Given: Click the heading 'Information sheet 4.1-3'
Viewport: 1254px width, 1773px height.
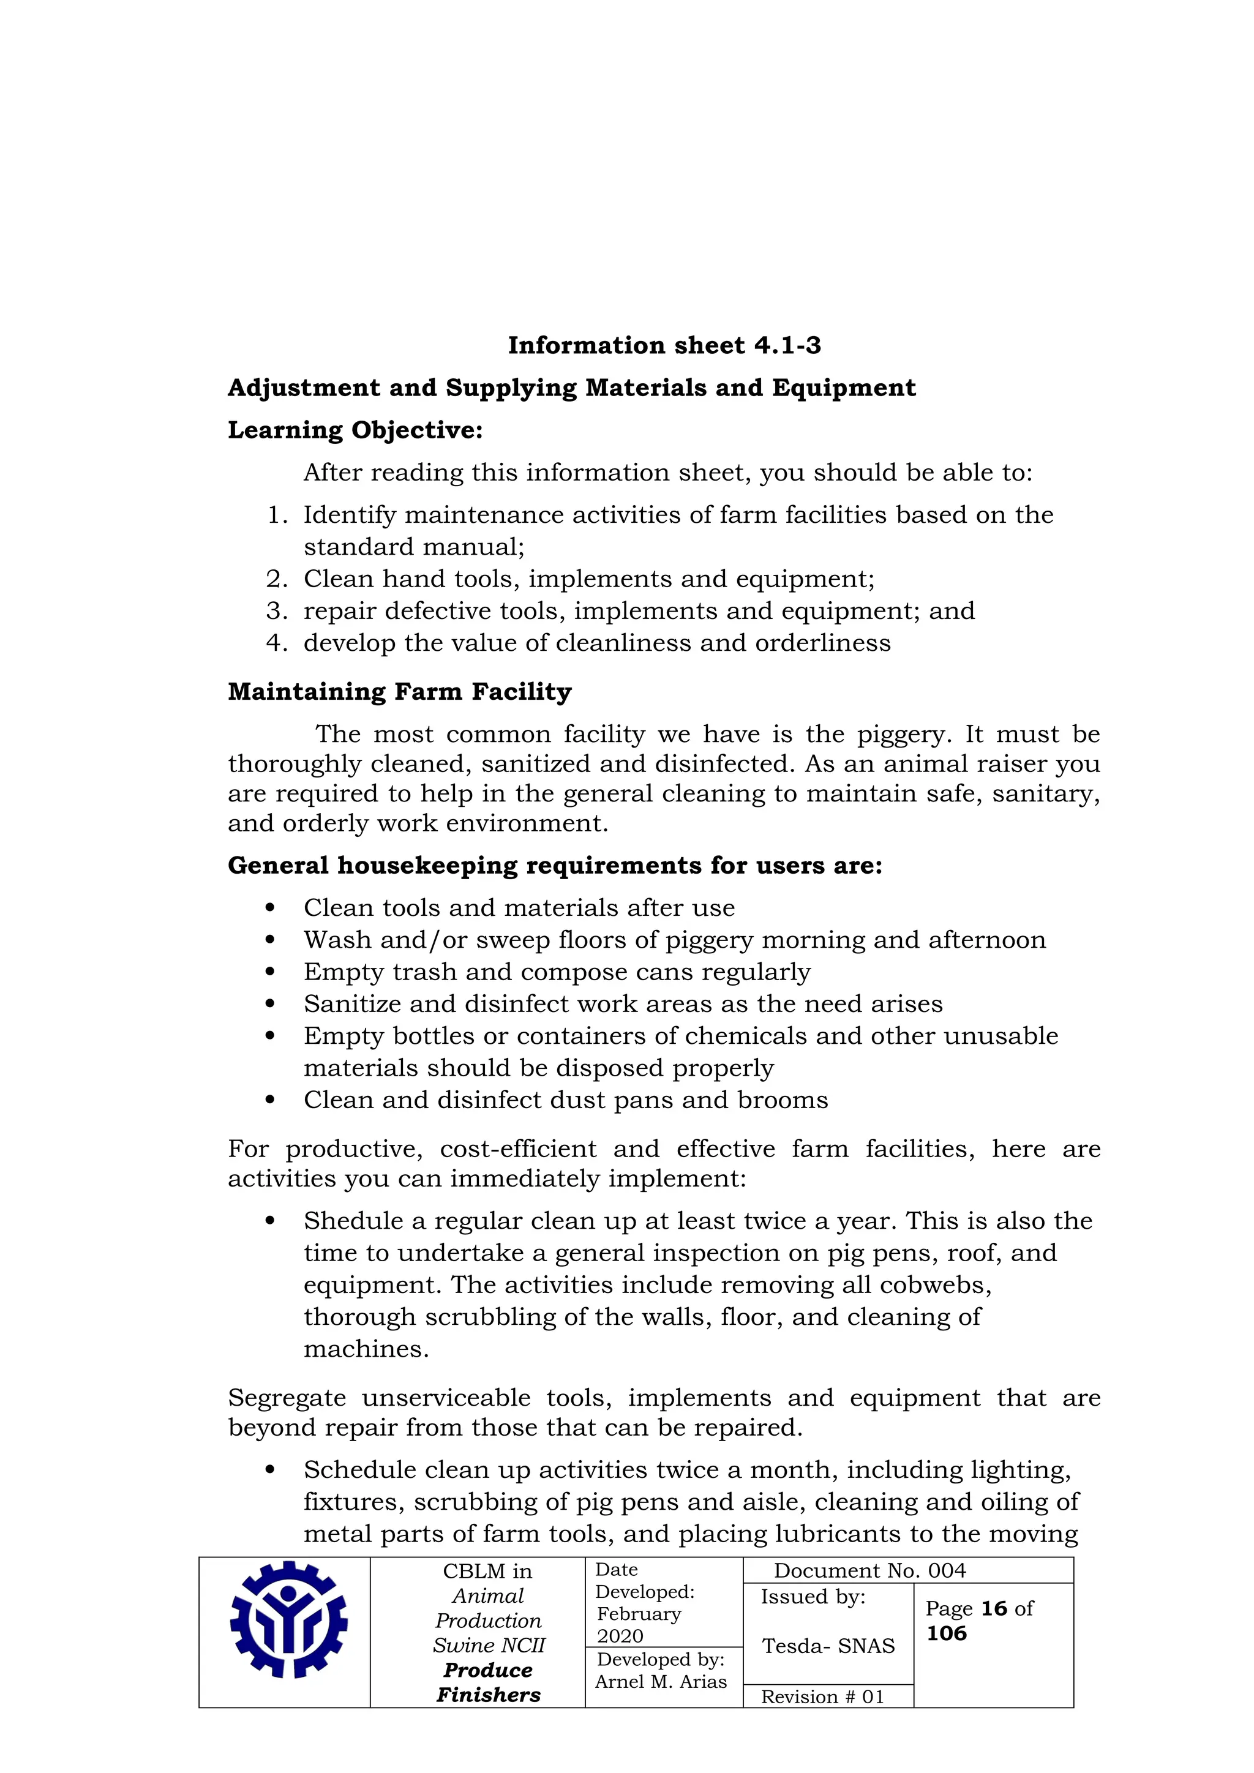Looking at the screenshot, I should pyautogui.click(x=664, y=345).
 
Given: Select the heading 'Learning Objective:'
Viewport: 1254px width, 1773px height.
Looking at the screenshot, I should pyautogui.click(x=355, y=430).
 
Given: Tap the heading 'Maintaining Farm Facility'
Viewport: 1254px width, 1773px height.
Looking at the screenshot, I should pyautogui.click(x=399, y=691).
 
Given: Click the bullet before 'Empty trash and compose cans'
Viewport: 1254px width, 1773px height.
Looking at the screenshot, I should pyautogui.click(x=269, y=972).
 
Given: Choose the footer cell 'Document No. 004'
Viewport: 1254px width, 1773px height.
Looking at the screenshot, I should pyautogui.click(x=869, y=1571).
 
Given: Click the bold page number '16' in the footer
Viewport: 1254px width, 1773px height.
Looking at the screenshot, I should pyautogui.click(x=994, y=1608).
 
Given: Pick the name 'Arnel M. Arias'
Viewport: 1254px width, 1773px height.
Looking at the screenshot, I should pyautogui.click(x=661, y=1682).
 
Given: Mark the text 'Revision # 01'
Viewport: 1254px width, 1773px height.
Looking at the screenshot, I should pyautogui.click(x=822, y=1696).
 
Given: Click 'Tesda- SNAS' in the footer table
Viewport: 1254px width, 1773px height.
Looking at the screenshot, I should pyautogui.click(x=828, y=1646).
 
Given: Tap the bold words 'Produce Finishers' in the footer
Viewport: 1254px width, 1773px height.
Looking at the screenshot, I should pyautogui.click(x=488, y=1682).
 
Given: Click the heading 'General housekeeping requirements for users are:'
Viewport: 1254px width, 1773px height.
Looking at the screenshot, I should pyautogui.click(x=554, y=866).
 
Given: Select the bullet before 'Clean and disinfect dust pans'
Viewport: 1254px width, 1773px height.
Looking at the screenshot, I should pyautogui.click(x=269, y=1100).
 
